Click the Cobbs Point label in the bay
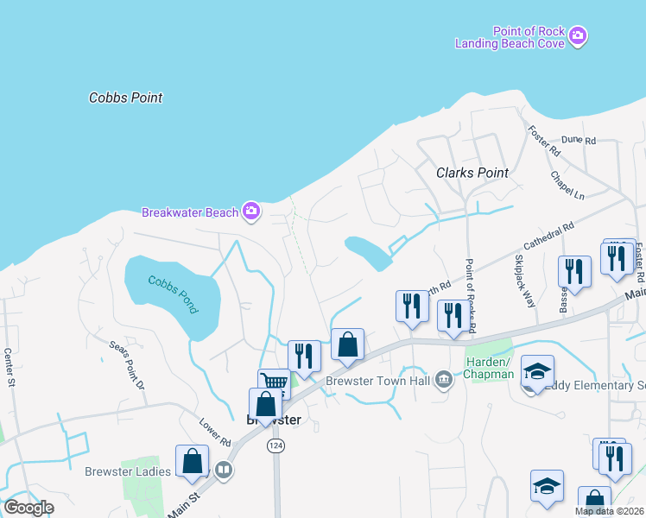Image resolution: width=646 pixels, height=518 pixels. [125, 98]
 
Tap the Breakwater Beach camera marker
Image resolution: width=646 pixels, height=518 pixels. [251, 211]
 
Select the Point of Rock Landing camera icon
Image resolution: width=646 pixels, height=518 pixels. [578, 36]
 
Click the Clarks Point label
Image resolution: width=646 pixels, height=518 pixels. [472, 173]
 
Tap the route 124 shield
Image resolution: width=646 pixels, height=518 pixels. [275, 445]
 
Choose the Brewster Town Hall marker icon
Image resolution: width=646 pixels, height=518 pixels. [443, 380]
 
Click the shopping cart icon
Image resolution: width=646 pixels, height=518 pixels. [274, 382]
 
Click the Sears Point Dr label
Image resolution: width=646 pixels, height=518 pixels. [126, 364]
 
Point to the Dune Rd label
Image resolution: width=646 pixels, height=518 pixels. [579, 140]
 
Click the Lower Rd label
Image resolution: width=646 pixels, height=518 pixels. [215, 433]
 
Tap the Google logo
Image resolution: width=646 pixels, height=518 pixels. [28, 507]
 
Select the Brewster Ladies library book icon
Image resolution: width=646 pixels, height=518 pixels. [224, 470]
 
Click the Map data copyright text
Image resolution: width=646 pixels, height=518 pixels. [609, 510]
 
